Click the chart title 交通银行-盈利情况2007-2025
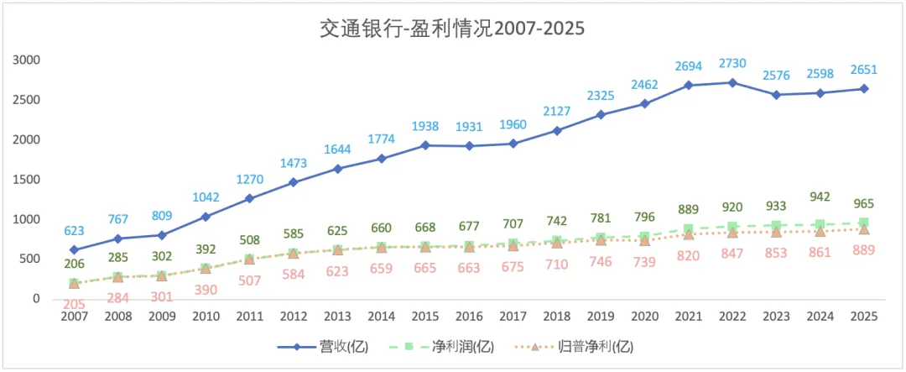point(452,29)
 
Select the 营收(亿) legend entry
point(323,347)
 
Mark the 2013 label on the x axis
point(337,317)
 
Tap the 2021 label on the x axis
point(689,317)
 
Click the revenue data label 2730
point(732,64)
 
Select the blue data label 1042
point(206,197)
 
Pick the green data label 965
point(864,204)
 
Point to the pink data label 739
point(645,262)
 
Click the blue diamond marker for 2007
point(74,250)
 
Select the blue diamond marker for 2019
point(601,114)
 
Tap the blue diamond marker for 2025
point(864,88)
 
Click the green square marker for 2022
point(732,227)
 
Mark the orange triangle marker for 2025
point(864,229)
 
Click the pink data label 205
point(74,304)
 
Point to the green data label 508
point(250,240)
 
